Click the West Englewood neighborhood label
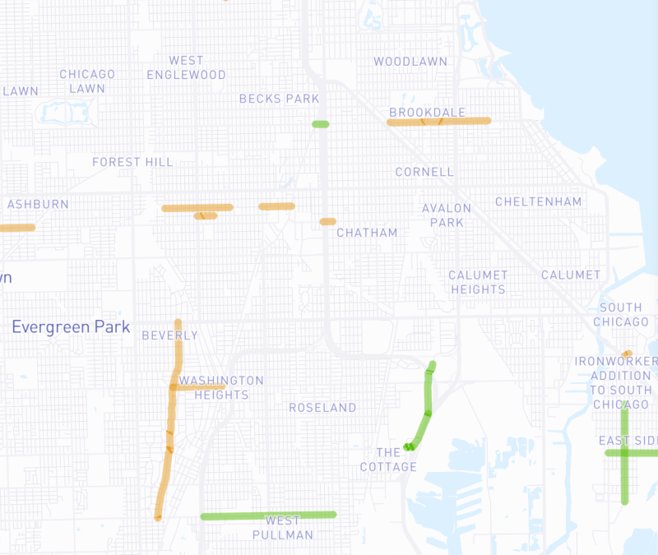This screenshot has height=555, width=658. (x=186, y=67)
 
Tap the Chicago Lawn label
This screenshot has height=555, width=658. (x=87, y=81)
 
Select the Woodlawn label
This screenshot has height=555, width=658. (x=410, y=62)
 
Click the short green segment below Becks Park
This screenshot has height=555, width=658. (x=320, y=124)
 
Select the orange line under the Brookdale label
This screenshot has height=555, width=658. (x=438, y=122)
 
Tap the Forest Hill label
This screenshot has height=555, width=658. (x=132, y=162)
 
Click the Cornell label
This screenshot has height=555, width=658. (x=424, y=172)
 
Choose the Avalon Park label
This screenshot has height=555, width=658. (x=447, y=215)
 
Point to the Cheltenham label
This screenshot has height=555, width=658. (x=538, y=201)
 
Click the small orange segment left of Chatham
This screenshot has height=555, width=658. (x=328, y=221)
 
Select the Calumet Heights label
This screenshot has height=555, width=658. (x=478, y=282)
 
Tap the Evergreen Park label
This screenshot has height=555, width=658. (x=71, y=327)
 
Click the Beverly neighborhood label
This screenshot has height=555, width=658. (x=169, y=335)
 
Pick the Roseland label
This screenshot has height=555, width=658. (x=322, y=407)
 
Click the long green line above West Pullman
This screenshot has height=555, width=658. (x=268, y=516)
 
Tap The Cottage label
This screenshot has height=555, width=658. (x=396, y=460)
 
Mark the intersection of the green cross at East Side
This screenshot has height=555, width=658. (x=624, y=452)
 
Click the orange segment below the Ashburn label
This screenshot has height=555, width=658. (x=16, y=228)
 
